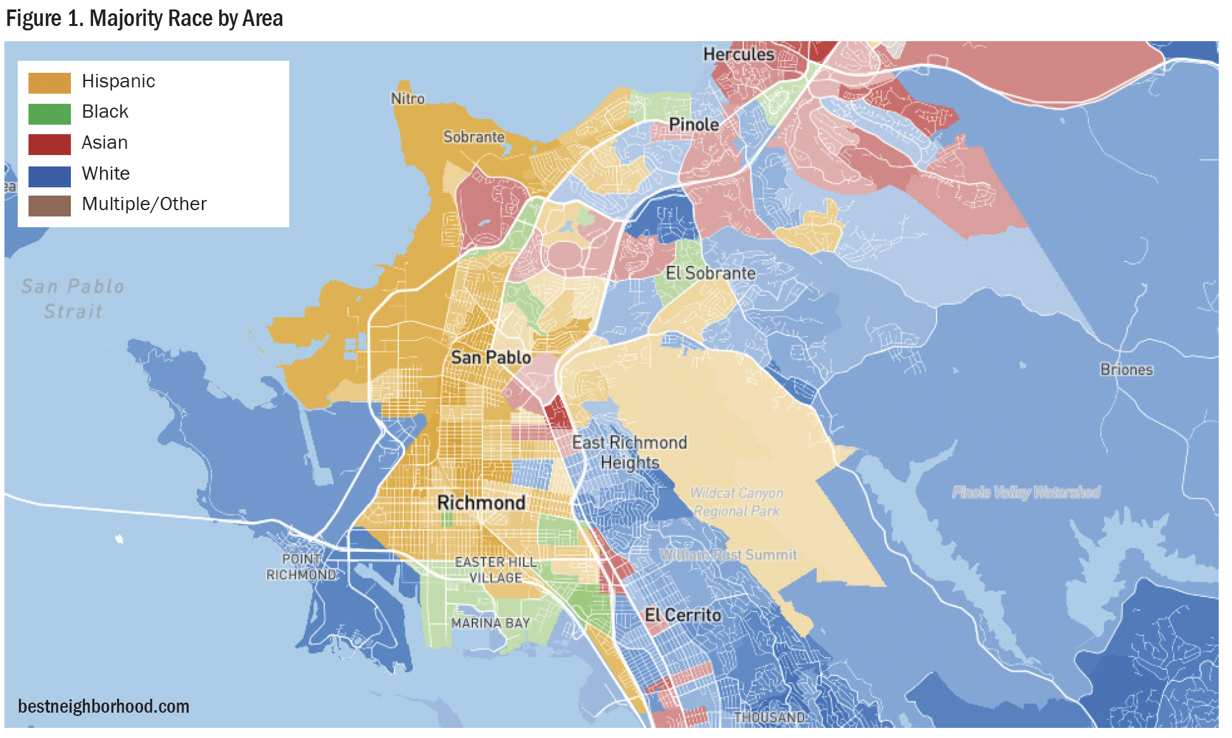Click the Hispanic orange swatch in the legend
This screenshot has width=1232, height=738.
(x=49, y=82)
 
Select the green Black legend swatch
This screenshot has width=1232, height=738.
(x=49, y=113)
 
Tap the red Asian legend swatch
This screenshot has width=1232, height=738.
(x=49, y=144)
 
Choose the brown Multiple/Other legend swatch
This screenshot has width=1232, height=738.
(x=49, y=206)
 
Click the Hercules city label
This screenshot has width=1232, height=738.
(x=738, y=54)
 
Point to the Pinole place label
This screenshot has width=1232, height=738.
(x=693, y=125)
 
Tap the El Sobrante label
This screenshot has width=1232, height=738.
(x=710, y=273)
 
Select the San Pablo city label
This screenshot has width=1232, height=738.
(x=491, y=358)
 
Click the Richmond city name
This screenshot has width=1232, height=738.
(x=481, y=503)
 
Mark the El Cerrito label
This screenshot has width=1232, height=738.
(x=682, y=615)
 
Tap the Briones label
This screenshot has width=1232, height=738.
(x=1126, y=370)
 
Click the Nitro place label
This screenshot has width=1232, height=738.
(x=407, y=99)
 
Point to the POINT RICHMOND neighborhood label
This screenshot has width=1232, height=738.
(x=301, y=567)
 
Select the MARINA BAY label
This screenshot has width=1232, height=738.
(x=490, y=623)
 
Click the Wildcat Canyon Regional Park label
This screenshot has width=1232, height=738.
(x=736, y=502)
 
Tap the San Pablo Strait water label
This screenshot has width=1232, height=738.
(x=72, y=299)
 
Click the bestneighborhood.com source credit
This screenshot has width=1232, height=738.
(x=103, y=706)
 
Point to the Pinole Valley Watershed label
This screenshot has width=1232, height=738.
(x=1026, y=492)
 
